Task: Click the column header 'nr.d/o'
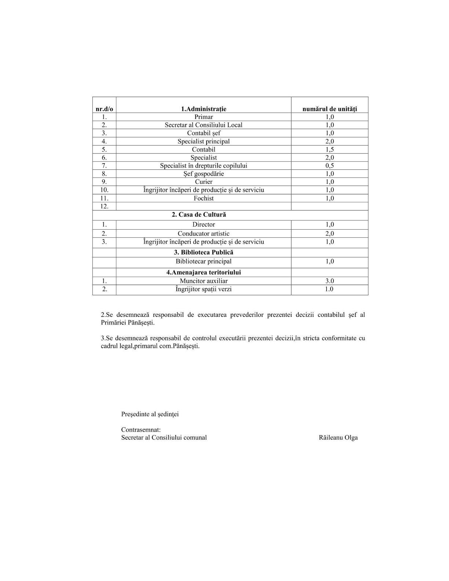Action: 104,109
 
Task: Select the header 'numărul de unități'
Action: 329,109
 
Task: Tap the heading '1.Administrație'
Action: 204,109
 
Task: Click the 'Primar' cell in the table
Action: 204,117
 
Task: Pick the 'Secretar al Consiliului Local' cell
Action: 204,125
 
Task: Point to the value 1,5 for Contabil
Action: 329,150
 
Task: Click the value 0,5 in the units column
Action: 329,166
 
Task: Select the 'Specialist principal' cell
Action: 204,142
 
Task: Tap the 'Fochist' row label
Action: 204,198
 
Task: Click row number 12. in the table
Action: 104,207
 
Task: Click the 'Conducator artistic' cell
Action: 204,234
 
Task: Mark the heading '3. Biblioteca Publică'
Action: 204,252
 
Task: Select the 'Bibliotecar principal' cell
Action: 204,262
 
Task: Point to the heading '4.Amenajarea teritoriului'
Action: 204,273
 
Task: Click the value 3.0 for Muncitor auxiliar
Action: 329,281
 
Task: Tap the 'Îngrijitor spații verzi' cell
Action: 204,289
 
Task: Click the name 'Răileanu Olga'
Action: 338,438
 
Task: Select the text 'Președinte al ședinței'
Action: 150,414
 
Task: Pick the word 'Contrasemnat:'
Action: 141,430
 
